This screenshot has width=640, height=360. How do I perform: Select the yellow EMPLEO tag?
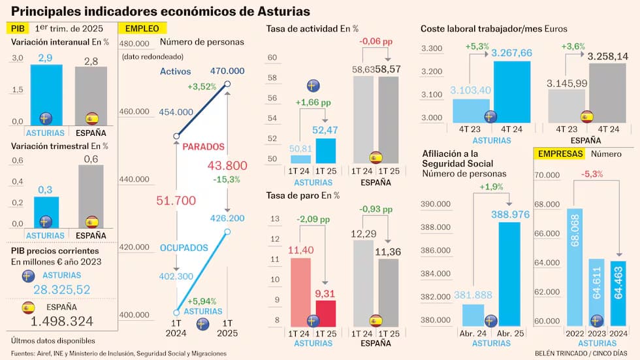142,29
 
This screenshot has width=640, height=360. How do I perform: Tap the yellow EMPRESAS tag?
560,154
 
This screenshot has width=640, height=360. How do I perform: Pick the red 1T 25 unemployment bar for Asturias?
325,313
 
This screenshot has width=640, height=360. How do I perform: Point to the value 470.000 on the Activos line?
227,71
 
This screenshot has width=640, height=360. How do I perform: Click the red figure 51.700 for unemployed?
177,201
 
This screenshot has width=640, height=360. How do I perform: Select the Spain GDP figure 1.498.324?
62,321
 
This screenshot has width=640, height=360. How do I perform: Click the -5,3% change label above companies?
592,174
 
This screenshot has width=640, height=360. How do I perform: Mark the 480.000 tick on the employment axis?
135,44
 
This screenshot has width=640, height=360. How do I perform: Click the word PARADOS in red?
203,146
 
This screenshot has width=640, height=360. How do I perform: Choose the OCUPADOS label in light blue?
184,248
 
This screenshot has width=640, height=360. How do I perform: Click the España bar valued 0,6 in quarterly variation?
91,196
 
